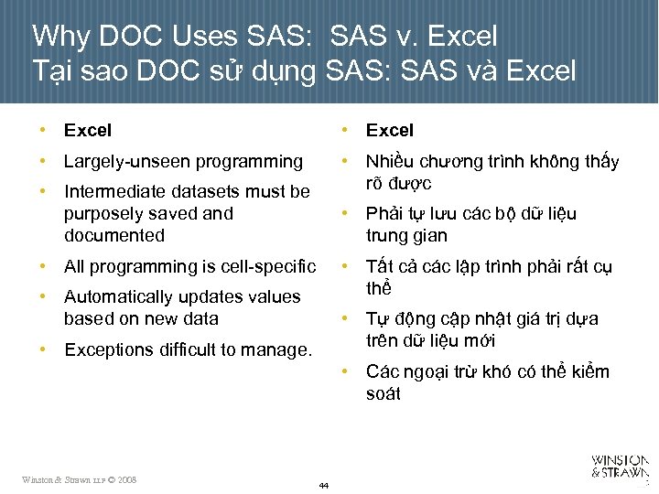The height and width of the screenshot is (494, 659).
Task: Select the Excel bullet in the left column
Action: coord(87,131)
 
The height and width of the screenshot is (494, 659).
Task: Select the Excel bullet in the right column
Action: coord(390,131)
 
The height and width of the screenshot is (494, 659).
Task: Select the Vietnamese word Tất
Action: coord(379,267)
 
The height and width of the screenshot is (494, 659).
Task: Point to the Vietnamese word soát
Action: coord(384,394)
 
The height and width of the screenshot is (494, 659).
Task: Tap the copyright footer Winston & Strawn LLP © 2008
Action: coord(80,479)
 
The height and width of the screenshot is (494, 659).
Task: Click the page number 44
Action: coord(324,486)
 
